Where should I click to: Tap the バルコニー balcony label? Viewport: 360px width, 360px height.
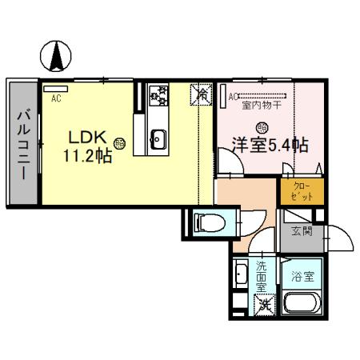tap(22, 145)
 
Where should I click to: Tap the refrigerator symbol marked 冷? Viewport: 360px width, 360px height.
tap(201, 95)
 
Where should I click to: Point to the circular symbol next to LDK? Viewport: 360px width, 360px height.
tap(118, 143)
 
